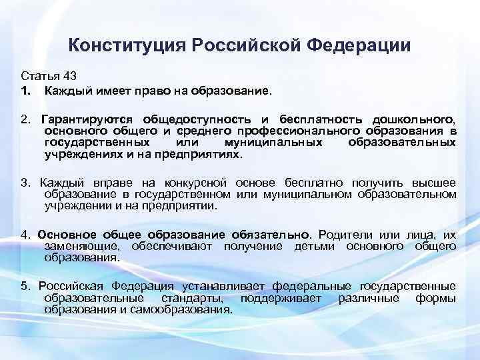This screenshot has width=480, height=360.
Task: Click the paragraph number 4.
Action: tap(24, 235)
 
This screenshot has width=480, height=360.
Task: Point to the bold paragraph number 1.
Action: tap(25, 89)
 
